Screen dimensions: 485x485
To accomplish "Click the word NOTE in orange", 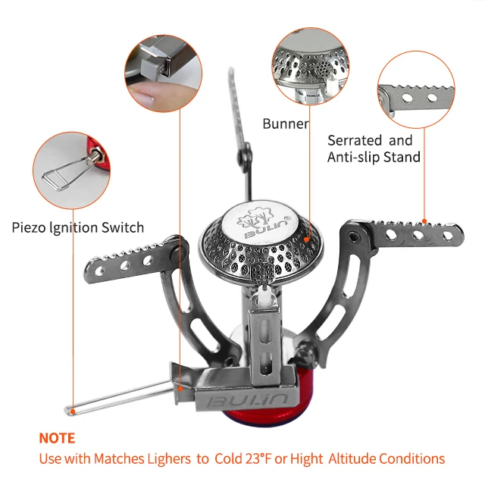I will (57, 438).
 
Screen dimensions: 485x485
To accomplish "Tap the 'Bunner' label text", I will (285, 124).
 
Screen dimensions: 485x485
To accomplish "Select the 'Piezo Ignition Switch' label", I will (78, 227).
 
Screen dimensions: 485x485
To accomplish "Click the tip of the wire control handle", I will (70, 409).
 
